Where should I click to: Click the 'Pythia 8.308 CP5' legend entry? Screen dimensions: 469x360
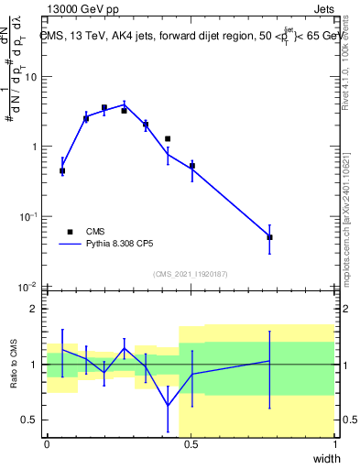pyautogui.click(x=110, y=245)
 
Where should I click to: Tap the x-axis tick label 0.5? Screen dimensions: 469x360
pyautogui.click(x=191, y=444)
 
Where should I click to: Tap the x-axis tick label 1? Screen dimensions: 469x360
pyautogui.click(x=335, y=444)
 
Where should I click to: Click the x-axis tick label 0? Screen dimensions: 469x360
pyautogui.click(x=47, y=444)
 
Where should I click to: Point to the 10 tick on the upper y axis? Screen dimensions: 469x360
pyautogui.click(x=31, y=76)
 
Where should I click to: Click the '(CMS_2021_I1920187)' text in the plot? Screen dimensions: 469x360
pyautogui.click(x=190, y=274)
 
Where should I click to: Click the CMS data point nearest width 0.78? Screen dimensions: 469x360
pyautogui.click(x=269, y=237)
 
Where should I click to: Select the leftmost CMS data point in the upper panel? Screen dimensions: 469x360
pyautogui.click(x=62, y=171)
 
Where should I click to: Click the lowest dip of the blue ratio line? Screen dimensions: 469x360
pyautogui.click(x=168, y=406)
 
